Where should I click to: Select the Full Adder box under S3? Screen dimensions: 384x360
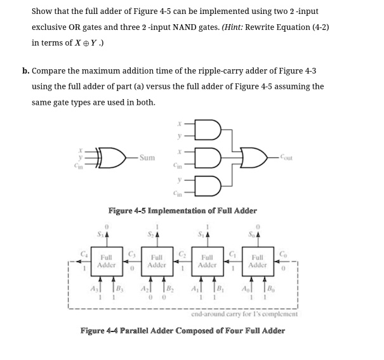[x=109, y=262]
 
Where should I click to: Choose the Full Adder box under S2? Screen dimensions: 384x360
[x=157, y=262]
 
